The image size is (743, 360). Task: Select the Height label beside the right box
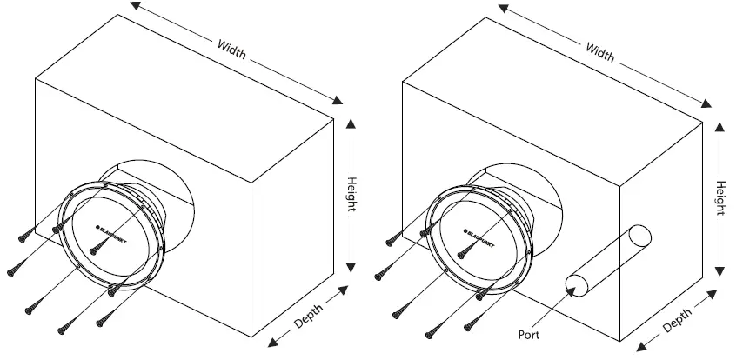[720, 197]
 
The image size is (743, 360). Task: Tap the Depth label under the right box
[678, 319]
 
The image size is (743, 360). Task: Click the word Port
[531, 332]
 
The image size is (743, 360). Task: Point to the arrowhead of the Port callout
[571, 287]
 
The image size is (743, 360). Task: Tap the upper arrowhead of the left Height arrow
[351, 123]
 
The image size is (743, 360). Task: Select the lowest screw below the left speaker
[64, 328]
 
